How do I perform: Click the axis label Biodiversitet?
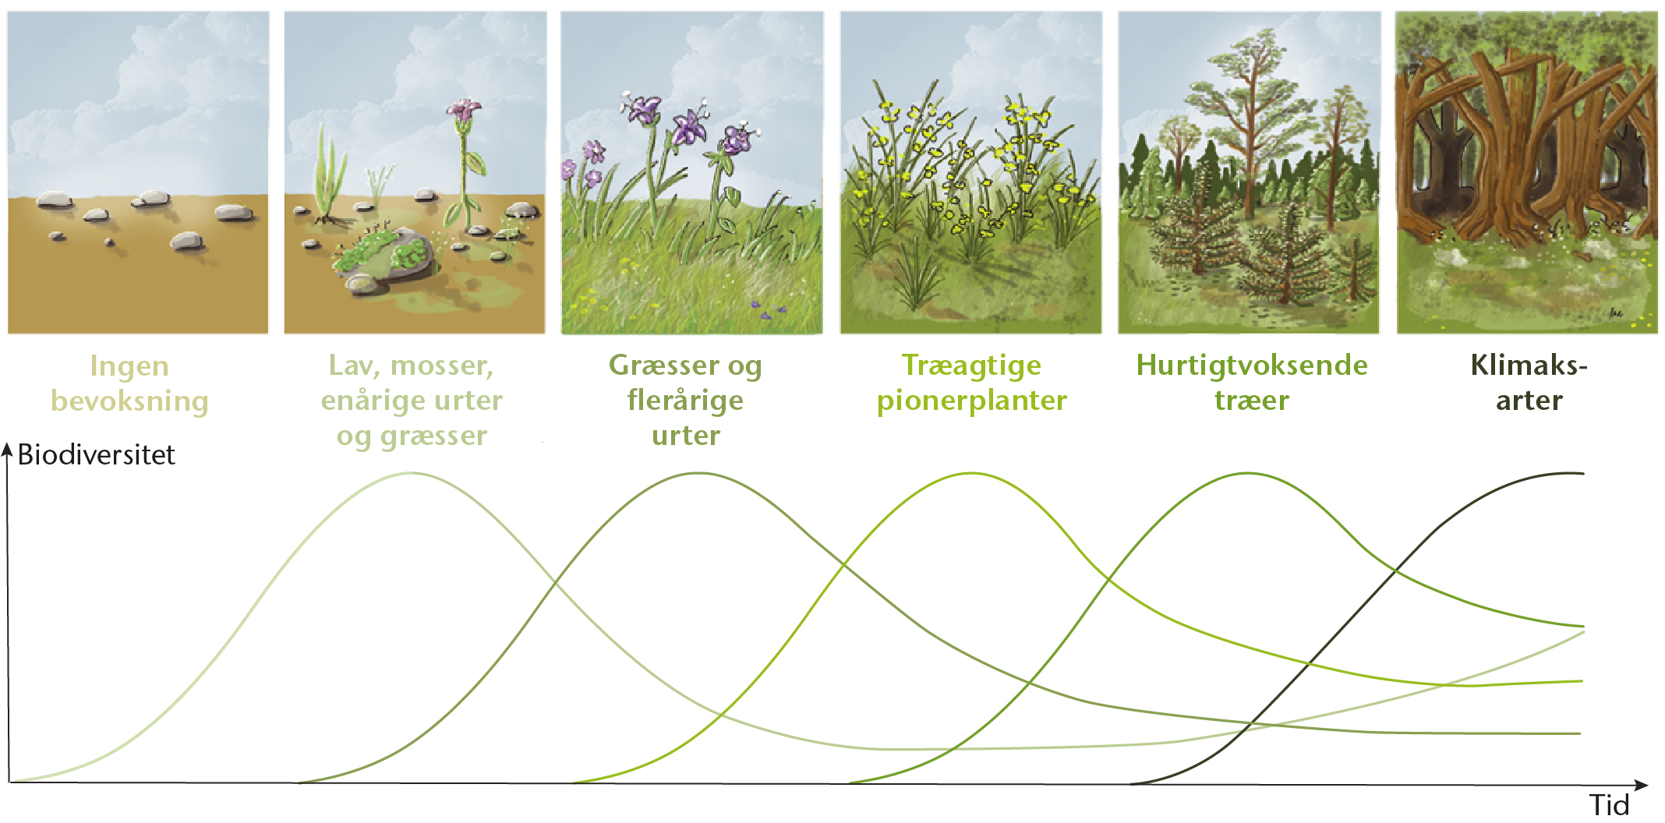96,454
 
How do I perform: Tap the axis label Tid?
1609,805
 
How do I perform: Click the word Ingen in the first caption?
129,366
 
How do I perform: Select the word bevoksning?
129,401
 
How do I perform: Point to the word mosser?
442,366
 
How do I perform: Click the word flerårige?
685,401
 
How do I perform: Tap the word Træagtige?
971,366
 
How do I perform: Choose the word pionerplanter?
971,401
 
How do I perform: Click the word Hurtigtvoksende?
1252,366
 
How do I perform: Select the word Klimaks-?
1529,365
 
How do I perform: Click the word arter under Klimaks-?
1529,401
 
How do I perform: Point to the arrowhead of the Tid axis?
1642,785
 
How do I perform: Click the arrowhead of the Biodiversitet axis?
8,450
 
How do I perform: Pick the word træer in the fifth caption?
1252,401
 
